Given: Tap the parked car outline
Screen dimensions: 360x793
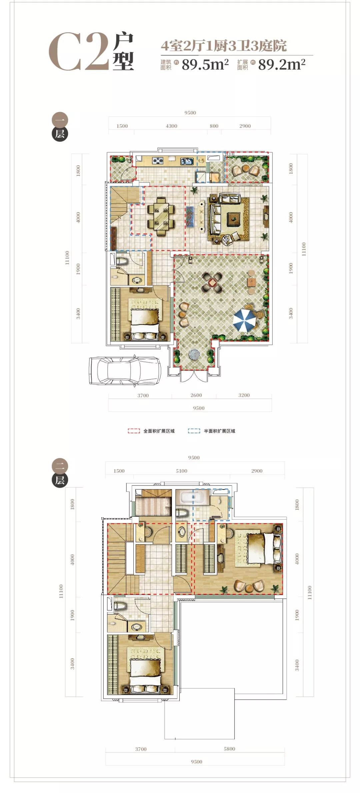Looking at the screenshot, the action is click(x=125, y=371).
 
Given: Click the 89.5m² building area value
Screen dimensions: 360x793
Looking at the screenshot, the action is click(x=205, y=65).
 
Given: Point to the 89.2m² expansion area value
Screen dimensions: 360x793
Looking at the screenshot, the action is click(x=282, y=65).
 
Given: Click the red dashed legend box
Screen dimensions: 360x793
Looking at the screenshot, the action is click(x=134, y=431).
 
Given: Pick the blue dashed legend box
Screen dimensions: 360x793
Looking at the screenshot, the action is click(x=194, y=431).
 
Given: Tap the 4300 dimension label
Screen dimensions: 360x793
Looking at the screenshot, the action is click(x=171, y=126).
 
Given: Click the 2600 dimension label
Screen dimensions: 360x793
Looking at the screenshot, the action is click(x=196, y=395).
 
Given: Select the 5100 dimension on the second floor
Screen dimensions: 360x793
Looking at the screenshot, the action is click(x=181, y=471).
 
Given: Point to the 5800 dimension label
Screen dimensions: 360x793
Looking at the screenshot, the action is click(x=229, y=749).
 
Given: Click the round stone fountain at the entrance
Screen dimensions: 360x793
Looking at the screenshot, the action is click(x=194, y=355).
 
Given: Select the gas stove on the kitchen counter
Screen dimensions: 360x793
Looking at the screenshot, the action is click(x=158, y=161).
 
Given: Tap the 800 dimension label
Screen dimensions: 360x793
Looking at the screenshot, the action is click(x=214, y=126).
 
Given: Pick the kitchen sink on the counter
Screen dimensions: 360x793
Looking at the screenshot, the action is click(x=186, y=161).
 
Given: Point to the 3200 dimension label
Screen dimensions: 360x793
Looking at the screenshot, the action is click(x=244, y=395).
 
